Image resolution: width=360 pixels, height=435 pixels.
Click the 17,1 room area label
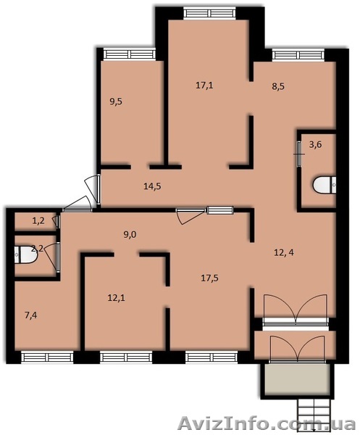(x=204, y=85)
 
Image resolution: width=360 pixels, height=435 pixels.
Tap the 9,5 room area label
(x=116, y=101)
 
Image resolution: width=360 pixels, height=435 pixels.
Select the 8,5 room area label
(x=278, y=86)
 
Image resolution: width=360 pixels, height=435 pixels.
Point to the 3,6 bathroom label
(x=315, y=144)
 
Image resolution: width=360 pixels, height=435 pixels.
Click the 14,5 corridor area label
(x=152, y=186)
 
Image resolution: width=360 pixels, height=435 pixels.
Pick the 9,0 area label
(x=130, y=235)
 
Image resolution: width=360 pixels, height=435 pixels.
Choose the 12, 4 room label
(x=284, y=253)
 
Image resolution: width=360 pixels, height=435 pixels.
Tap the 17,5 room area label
(x=209, y=278)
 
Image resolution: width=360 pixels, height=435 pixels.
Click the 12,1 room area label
(x=116, y=298)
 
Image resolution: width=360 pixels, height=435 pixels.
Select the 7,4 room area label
(x=30, y=315)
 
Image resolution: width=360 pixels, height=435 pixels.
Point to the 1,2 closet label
(x=38, y=221)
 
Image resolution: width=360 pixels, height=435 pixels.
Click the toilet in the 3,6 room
(x=325, y=184)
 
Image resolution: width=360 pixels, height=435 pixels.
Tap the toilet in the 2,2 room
(x=25, y=254)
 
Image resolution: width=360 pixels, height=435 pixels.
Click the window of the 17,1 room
(x=210, y=13)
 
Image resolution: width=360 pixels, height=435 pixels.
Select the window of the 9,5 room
(x=130, y=54)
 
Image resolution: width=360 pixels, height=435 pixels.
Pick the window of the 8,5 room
(x=298, y=54)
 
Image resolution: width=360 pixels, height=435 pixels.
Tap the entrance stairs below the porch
(x=314, y=415)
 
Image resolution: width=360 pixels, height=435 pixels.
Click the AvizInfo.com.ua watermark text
(x=267, y=424)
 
